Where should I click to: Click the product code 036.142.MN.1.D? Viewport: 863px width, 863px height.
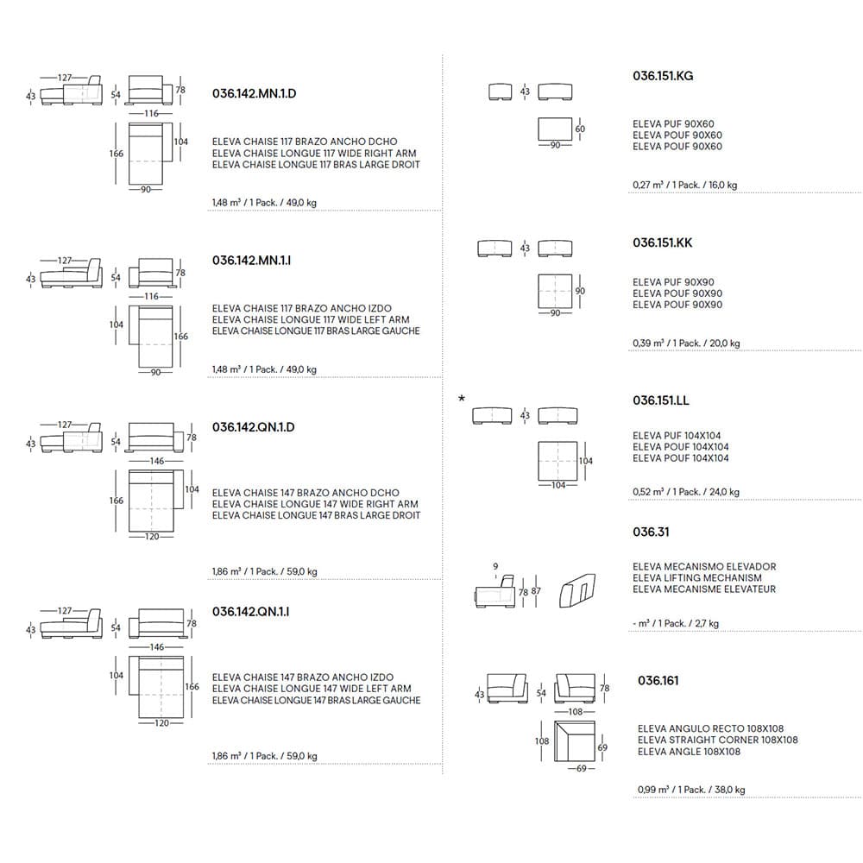coord(259,92)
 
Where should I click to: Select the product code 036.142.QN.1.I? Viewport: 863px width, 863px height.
coord(250,612)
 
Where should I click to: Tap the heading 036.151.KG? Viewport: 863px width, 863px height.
coord(663,76)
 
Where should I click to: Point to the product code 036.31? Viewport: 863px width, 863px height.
coord(651,532)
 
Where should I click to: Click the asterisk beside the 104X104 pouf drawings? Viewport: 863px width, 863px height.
coord(462,399)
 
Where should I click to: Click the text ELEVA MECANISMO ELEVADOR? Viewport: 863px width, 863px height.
coord(704,567)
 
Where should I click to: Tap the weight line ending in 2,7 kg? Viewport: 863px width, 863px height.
coord(676,623)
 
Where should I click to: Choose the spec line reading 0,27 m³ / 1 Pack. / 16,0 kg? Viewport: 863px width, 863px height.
coord(684,185)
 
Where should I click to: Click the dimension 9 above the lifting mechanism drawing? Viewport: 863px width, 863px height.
coord(495,567)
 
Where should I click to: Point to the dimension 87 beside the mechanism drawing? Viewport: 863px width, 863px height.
coord(536,591)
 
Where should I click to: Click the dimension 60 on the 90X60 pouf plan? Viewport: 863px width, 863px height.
coord(579,129)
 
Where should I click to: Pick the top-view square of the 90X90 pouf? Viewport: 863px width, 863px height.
coord(555,290)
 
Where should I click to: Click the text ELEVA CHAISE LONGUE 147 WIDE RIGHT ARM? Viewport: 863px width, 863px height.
coord(315,504)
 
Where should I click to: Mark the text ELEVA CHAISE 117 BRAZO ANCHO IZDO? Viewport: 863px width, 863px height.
coord(302,308)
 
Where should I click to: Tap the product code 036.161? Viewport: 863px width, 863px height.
coord(658,681)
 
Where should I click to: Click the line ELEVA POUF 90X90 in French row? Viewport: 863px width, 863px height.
coord(677,305)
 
